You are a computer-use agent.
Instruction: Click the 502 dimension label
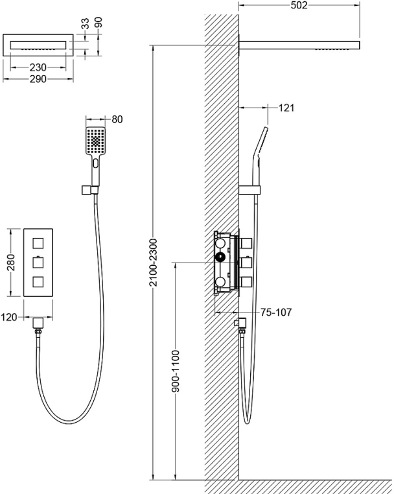(x=299, y=5)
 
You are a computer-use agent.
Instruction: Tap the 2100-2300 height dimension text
(x=153, y=263)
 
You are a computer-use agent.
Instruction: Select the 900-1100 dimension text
(x=176, y=371)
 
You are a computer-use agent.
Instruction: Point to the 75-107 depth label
(x=276, y=312)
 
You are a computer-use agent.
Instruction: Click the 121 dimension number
(x=286, y=108)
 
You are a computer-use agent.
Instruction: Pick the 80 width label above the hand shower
(x=117, y=119)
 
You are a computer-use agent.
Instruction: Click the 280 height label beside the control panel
(x=11, y=263)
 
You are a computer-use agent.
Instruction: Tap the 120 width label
(x=9, y=317)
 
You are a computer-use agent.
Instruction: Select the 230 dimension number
(x=38, y=67)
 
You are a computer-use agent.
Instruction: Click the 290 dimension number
(x=38, y=78)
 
